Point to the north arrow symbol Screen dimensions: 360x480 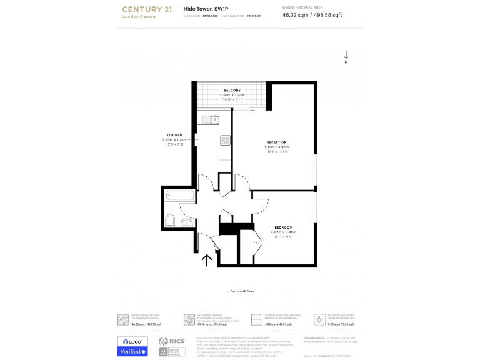pyautogui.click(x=346, y=57)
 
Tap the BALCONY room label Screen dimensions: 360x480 pyautogui.click(x=232, y=91)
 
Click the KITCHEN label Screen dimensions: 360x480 pyautogui.click(x=174, y=135)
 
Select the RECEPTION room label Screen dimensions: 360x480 pyautogui.click(x=276, y=142)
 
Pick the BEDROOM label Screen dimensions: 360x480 pyautogui.click(x=283, y=227)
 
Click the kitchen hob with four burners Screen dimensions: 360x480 pyautogui.click(x=225, y=140)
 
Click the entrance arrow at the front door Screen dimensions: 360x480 pyautogui.click(x=208, y=259)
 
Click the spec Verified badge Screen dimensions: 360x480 pyautogui.click(x=133, y=346)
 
